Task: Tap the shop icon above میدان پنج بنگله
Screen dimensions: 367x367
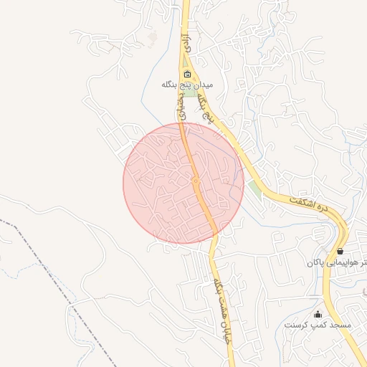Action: (188, 74)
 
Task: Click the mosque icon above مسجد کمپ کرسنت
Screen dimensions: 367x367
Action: (318, 314)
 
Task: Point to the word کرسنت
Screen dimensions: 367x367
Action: (297, 325)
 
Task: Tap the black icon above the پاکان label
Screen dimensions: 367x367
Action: (339, 252)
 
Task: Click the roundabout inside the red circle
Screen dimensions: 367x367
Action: (196, 181)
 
